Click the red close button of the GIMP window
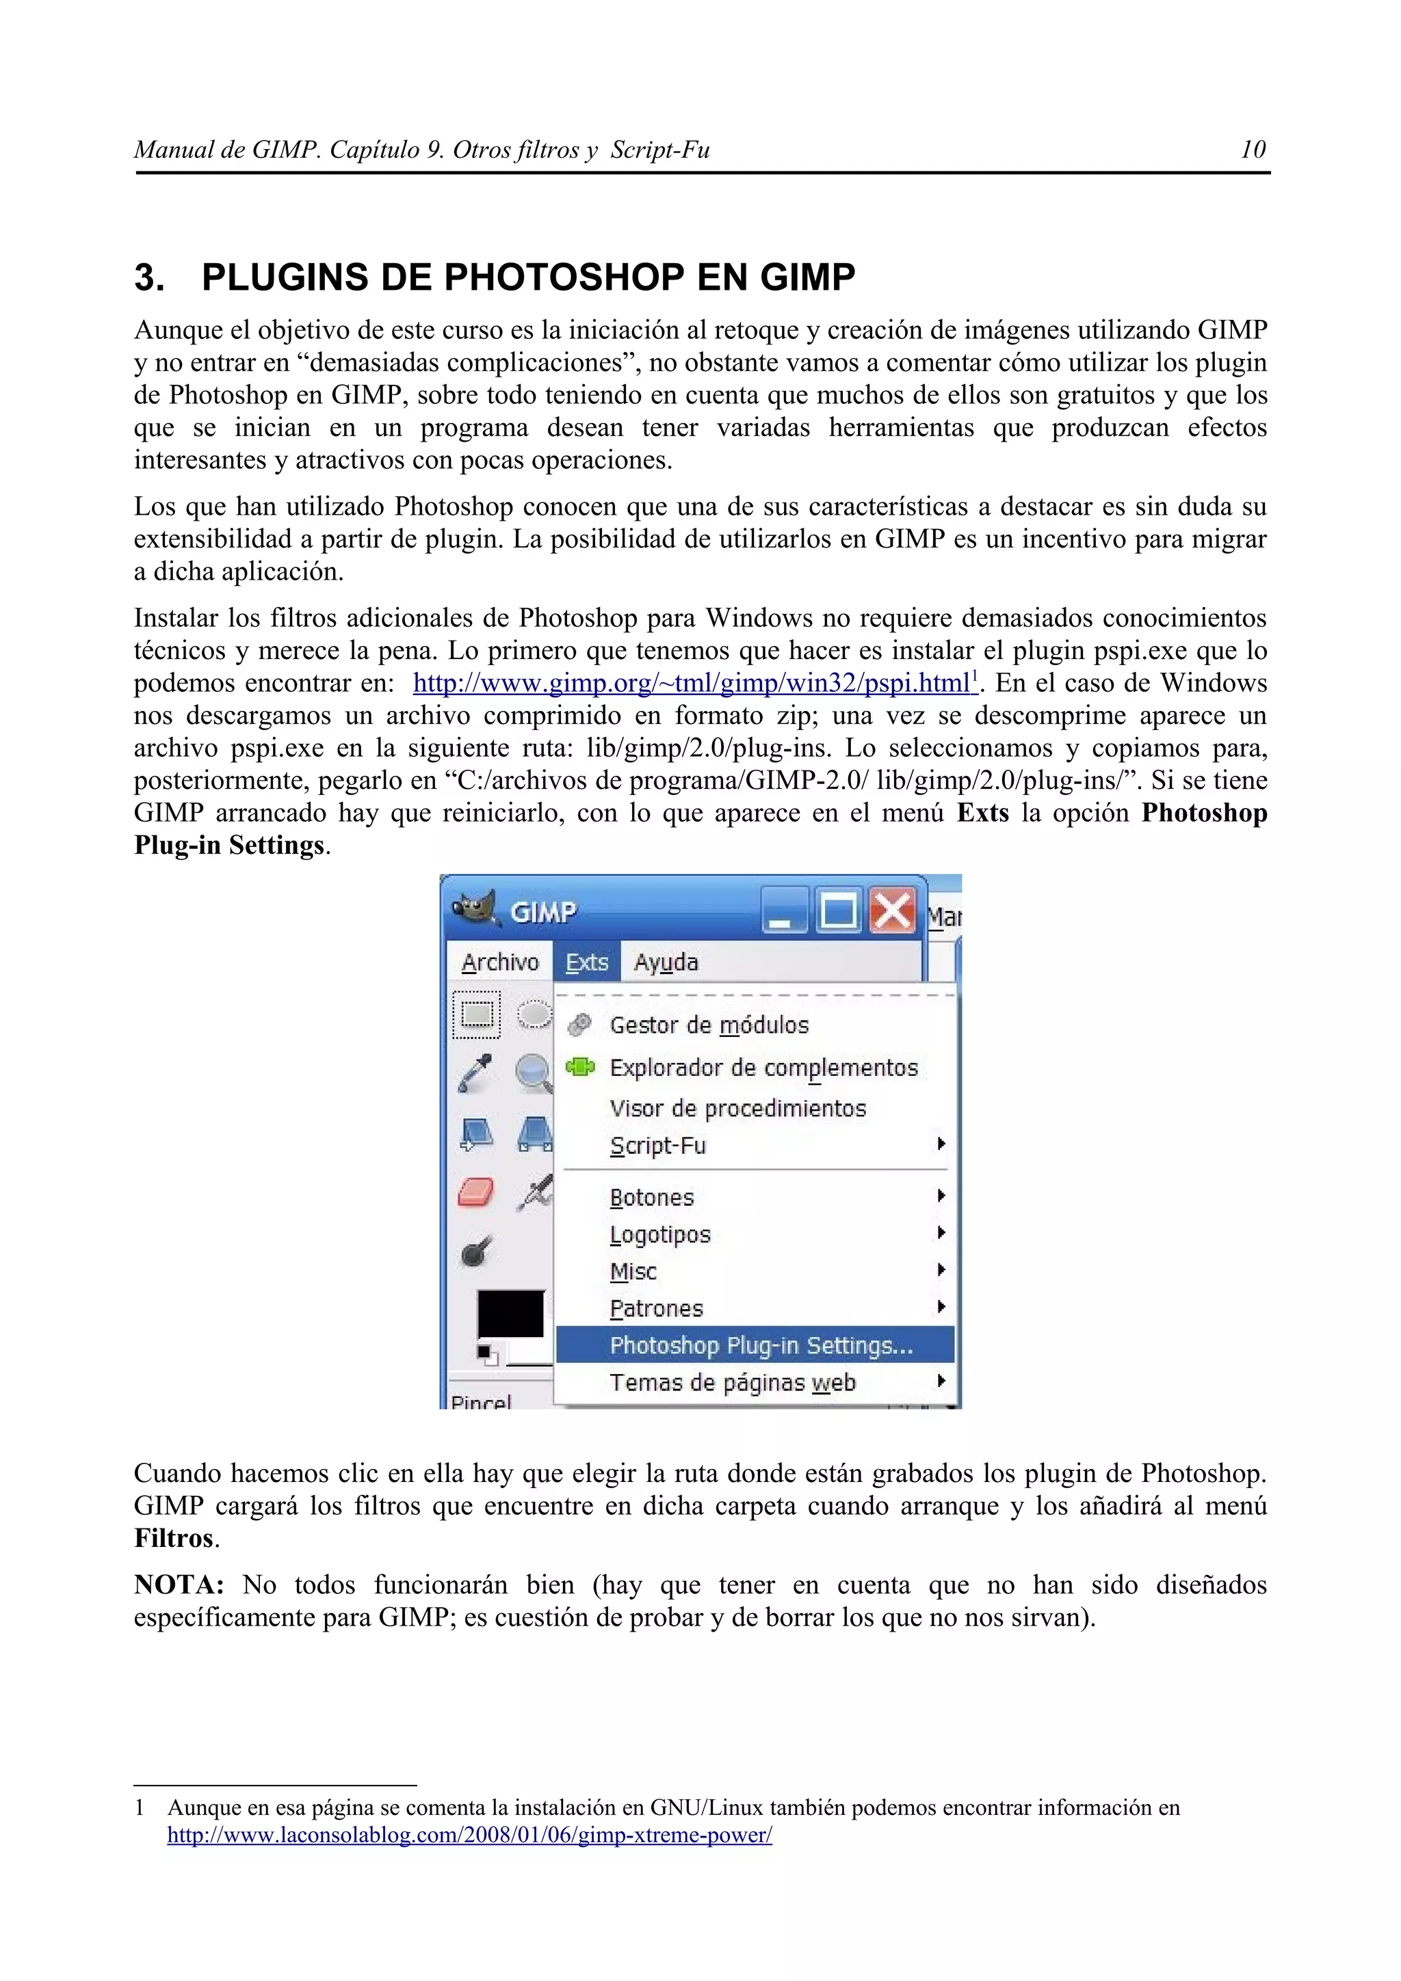pyautogui.click(x=892, y=911)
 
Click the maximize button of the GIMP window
pyautogui.click(x=838, y=911)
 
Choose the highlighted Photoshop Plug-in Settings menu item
pyautogui.click(x=761, y=1345)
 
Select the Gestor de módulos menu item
pyautogui.click(x=709, y=1025)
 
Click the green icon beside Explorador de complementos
pyautogui.click(x=580, y=1067)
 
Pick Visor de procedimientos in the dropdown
pyautogui.click(x=737, y=1108)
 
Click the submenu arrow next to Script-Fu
pyautogui.click(x=941, y=1144)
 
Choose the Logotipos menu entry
pyautogui.click(x=659, y=1235)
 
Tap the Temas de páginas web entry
pyautogui.click(x=732, y=1382)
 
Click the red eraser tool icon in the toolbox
pyautogui.click(x=475, y=1194)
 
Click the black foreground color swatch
pyautogui.click(x=510, y=1314)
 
